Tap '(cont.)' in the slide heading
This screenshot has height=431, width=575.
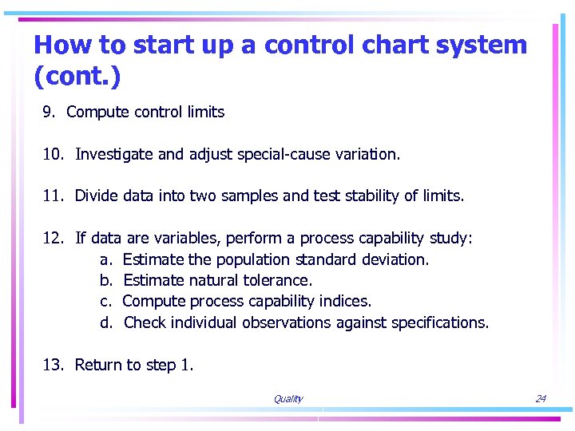[78, 77]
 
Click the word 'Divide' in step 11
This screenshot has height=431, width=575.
[97, 196]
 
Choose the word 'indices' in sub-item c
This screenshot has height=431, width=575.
[344, 302]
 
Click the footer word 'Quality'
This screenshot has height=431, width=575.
[287, 399]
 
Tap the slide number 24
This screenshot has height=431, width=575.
[541, 399]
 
